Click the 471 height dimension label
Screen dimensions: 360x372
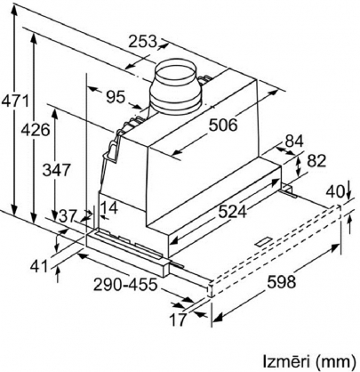[15, 101]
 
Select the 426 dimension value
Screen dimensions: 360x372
[35, 130]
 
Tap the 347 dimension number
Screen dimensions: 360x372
[56, 170]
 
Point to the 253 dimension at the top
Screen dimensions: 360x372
[142, 41]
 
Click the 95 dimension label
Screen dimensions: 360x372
[116, 97]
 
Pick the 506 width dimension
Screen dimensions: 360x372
[223, 125]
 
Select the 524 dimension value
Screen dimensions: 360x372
[232, 212]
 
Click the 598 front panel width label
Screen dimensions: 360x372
[281, 281]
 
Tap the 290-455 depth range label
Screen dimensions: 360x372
[124, 285]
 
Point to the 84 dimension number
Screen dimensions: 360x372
[294, 142]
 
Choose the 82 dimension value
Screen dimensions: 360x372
[316, 161]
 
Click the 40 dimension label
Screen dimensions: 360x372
[335, 192]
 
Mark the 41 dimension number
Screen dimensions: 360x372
[39, 266]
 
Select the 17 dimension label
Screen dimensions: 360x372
[178, 319]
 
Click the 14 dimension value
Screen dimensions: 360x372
[109, 207]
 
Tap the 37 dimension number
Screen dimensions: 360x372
[68, 216]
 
